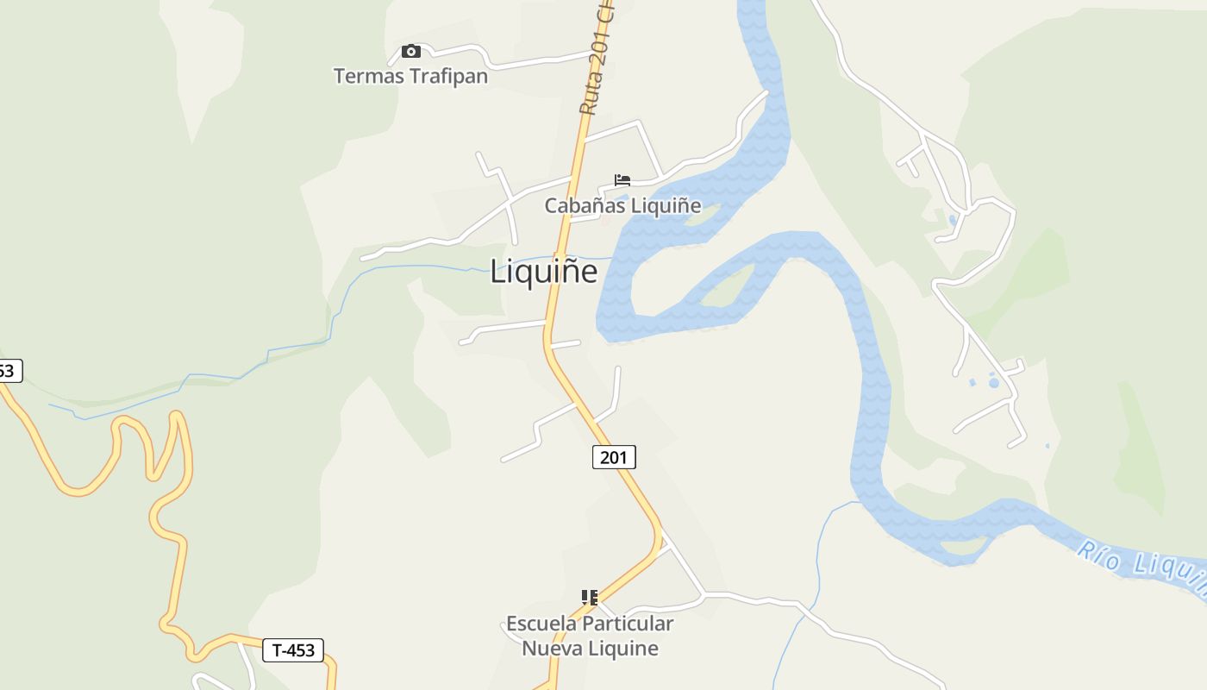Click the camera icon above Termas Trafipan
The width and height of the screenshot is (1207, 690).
(x=411, y=52)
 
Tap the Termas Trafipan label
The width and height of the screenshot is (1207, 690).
(x=410, y=76)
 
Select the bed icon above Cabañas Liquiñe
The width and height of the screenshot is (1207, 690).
(x=622, y=180)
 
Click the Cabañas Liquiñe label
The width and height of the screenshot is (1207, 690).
(x=622, y=206)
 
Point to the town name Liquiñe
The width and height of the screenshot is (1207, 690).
(x=543, y=272)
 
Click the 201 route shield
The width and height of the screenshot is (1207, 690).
(x=614, y=457)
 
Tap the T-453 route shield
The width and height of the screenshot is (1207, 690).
(x=293, y=650)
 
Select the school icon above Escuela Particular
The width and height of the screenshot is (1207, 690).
(x=590, y=597)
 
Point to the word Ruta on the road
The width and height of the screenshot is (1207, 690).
(x=591, y=96)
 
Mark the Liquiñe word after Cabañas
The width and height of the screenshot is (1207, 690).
(x=666, y=206)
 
